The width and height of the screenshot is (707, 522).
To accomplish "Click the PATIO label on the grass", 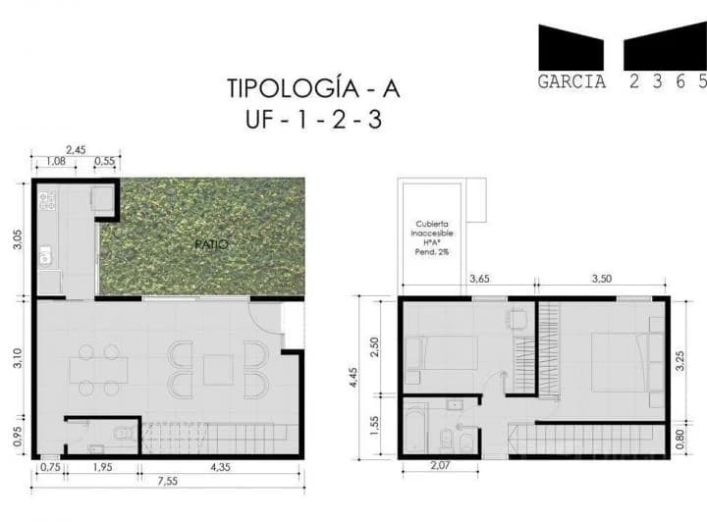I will (x=210, y=243).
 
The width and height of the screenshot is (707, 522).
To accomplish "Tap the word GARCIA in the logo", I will (x=571, y=82).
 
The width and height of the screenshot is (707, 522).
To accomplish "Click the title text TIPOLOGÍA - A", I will (x=313, y=89).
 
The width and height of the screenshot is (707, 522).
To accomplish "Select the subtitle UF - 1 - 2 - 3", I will (x=313, y=123).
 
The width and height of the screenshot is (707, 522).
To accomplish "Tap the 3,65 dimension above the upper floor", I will (x=480, y=280).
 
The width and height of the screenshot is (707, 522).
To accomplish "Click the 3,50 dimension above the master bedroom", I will (x=602, y=280).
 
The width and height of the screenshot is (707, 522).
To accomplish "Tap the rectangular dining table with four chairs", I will (x=98, y=369).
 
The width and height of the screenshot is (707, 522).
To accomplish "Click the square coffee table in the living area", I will (x=217, y=369).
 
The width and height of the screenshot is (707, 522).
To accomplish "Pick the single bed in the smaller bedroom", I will (x=441, y=351).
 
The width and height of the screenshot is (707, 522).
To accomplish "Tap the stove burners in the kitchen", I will (x=46, y=201).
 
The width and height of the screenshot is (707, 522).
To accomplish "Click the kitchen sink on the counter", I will (x=45, y=258).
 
